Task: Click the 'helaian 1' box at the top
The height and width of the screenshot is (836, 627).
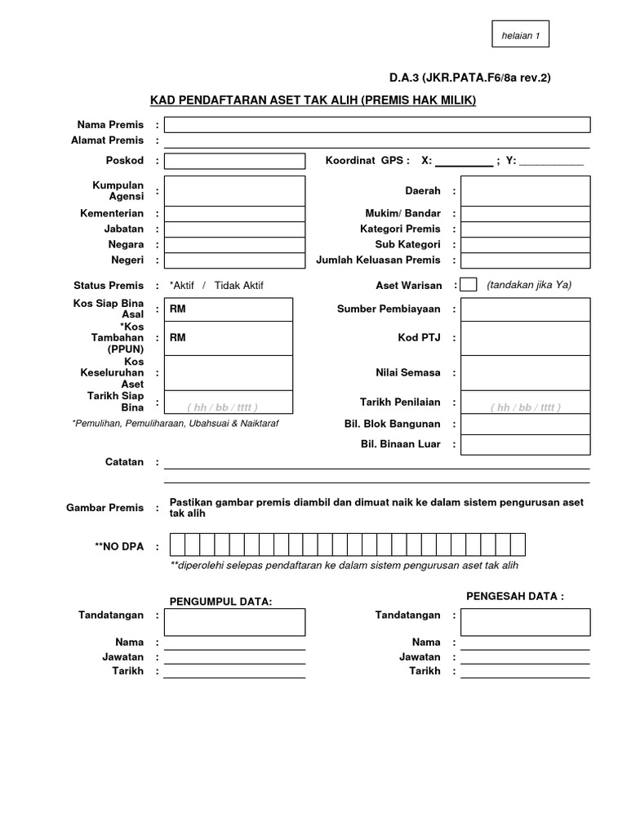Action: coord(521,35)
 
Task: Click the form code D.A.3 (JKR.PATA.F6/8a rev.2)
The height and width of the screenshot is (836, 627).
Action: coord(469,78)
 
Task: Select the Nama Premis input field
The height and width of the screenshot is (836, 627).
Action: coord(377,125)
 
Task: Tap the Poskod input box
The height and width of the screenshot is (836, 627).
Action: coord(234,161)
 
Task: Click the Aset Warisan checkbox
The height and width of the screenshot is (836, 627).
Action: coord(469,285)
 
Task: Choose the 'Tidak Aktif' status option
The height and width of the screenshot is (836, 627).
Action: coord(239,286)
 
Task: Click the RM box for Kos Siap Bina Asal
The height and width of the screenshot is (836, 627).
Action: coord(228,309)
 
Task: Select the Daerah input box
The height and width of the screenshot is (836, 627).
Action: coord(525,190)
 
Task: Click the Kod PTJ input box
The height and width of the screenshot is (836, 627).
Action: coord(525,338)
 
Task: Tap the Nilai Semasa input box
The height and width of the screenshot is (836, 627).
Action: coord(525,372)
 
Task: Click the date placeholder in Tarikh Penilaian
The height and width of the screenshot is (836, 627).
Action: coord(525,407)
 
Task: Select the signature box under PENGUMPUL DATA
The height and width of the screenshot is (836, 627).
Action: coord(234,621)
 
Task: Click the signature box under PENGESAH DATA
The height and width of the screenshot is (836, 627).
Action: coord(525,621)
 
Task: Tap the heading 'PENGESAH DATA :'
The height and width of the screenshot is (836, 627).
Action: coord(514,596)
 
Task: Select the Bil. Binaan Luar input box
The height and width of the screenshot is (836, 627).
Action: coord(525,444)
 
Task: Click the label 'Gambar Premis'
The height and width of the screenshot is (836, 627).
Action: coord(104,508)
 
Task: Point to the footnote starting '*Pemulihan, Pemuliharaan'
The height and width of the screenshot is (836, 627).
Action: coord(175,424)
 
